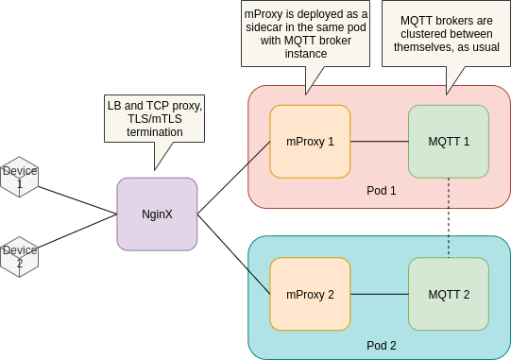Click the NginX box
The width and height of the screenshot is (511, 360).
click(157, 214)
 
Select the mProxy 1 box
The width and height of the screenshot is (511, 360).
click(310, 142)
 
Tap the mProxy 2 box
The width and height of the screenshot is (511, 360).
click(310, 294)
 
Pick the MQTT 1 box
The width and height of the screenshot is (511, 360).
click(449, 142)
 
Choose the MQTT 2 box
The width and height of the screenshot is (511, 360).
click(449, 294)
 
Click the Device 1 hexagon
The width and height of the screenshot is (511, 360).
click(19, 177)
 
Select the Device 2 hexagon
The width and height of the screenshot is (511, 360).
click(19, 256)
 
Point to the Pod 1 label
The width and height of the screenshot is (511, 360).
click(381, 191)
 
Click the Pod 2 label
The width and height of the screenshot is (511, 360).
click(381, 345)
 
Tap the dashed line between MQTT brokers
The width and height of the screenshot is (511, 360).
click(449, 217)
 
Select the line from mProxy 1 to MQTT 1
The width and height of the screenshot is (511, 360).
click(379, 142)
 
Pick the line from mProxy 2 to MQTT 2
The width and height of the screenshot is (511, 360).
click(379, 294)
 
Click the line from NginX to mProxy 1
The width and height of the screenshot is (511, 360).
click(233, 178)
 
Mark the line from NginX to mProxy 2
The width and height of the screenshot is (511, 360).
click(233, 252)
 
